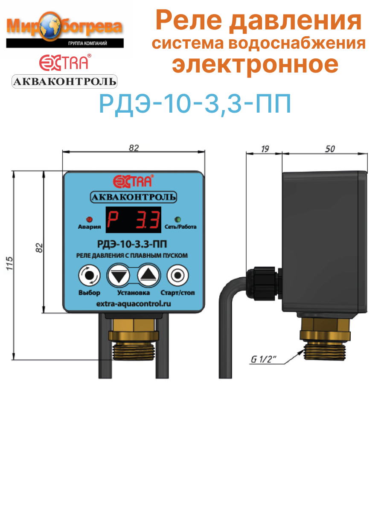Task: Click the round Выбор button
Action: (x=89, y=276)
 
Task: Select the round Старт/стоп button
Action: (x=176, y=276)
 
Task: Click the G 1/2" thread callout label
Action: (x=264, y=360)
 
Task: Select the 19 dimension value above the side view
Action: (x=265, y=148)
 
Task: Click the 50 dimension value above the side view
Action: (x=329, y=148)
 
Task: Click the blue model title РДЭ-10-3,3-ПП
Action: (x=195, y=103)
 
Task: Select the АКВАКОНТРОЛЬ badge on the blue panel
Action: (x=134, y=197)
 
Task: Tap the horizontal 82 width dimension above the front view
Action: (x=134, y=148)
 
